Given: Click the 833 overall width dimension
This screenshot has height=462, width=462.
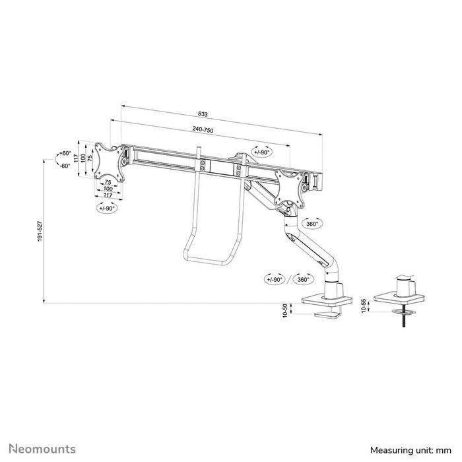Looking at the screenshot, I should click(212, 114).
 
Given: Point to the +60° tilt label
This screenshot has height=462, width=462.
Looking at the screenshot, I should click(64, 153).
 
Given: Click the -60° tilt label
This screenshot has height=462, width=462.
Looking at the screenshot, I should click(64, 166).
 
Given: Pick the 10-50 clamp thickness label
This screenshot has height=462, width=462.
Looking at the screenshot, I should click(285, 311).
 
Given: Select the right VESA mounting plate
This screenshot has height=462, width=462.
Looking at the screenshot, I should click(290, 184).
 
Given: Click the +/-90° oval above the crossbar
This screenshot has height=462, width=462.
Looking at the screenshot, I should click(262, 152).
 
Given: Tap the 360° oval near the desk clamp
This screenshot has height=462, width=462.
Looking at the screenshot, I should click(304, 279).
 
